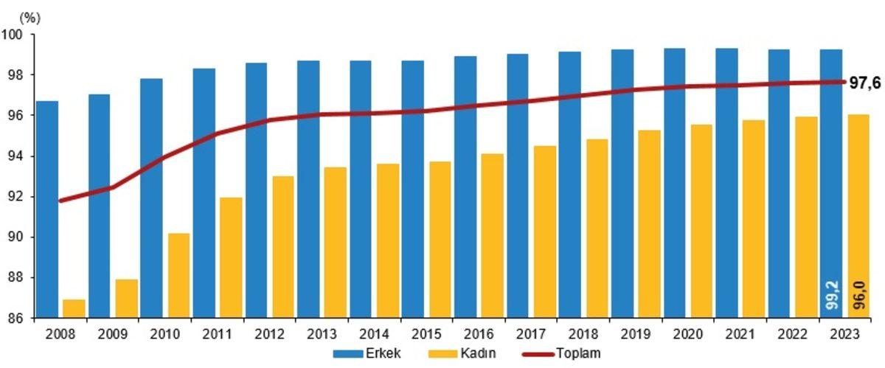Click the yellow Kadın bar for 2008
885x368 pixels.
tap(74, 309)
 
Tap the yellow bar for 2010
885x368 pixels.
tap(178, 276)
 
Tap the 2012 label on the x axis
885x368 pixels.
tap(270, 333)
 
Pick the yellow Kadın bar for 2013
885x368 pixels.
tap(336, 243)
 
